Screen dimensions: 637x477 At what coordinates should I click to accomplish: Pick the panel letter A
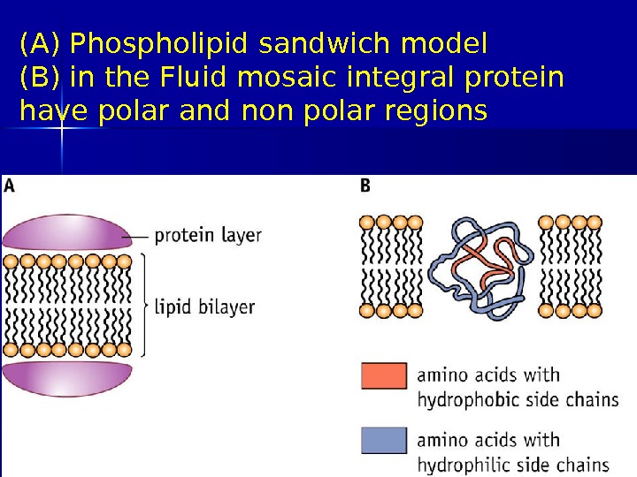[10, 186]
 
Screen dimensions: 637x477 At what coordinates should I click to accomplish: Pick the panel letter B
[365, 186]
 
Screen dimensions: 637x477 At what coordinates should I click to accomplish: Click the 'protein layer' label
[208, 236]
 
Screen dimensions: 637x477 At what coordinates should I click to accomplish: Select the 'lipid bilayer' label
[204, 307]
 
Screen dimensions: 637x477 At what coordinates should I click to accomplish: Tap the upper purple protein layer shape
[66, 232]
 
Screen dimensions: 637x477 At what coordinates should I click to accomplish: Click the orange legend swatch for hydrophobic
[384, 375]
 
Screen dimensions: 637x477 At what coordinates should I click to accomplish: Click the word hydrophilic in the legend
[464, 465]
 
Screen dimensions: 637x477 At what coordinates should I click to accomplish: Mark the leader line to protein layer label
[139, 237]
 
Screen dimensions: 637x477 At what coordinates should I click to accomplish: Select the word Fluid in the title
[188, 78]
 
